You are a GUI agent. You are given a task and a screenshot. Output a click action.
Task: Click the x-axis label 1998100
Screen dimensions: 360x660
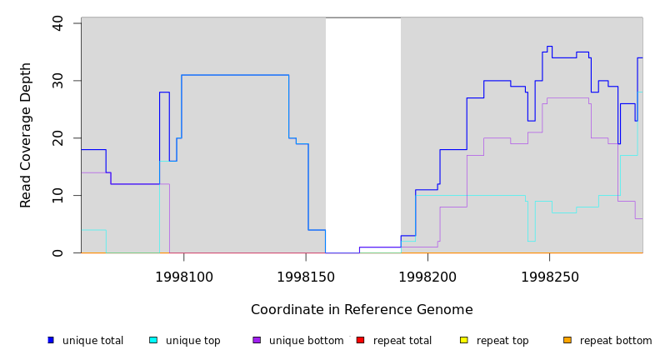click(183, 276)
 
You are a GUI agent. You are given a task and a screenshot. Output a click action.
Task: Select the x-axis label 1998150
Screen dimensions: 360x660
click(306, 276)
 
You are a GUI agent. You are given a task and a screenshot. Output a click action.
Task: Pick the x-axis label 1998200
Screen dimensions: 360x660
click(427, 276)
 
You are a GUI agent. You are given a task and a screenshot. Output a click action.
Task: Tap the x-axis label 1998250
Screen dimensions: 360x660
click(549, 276)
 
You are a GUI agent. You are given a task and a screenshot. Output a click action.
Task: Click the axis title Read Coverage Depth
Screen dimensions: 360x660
click(27, 135)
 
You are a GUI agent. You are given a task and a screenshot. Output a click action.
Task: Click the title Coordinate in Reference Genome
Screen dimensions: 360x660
click(362, 310)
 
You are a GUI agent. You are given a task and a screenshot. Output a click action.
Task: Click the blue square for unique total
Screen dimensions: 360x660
click(51, 340)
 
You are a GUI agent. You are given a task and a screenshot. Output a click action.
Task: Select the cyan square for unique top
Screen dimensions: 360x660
click(153, 340)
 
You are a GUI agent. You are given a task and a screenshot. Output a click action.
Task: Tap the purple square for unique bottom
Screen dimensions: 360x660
click(257, 340)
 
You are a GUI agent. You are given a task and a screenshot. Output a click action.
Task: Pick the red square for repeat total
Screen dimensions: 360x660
click(360, 340)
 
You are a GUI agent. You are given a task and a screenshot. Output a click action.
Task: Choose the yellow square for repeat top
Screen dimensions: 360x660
click(463, 340)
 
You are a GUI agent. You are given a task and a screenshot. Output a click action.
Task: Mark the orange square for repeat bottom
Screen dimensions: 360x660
click(567, 340)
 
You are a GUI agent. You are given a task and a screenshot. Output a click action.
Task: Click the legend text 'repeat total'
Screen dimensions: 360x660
click(402, 341)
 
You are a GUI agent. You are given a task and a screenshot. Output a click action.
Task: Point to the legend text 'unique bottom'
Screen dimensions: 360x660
click(306, 341)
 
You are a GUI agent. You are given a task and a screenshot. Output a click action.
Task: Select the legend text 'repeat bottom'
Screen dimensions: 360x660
click(616, 341)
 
